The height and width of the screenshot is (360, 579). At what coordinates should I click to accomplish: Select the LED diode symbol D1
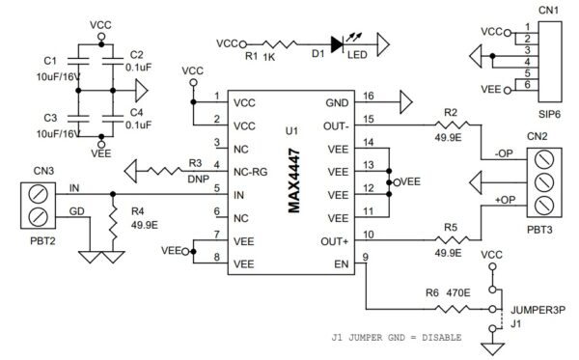tap(337, 43)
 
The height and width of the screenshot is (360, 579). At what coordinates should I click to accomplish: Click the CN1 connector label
tap(547, 11)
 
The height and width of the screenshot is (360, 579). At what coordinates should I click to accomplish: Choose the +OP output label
tap(502, 200)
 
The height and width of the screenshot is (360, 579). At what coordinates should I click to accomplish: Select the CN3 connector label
tap(44, 172)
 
